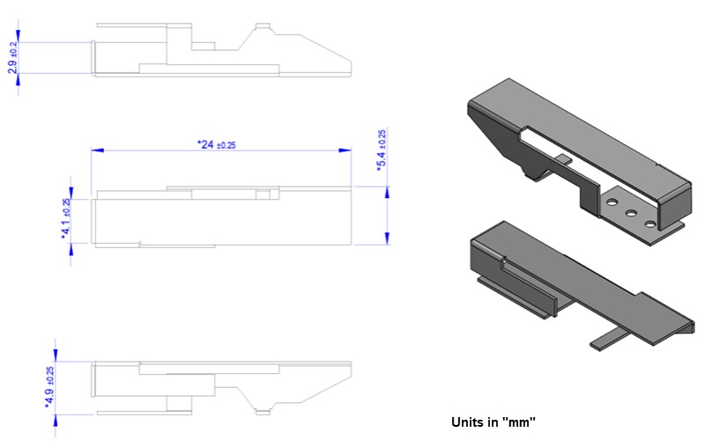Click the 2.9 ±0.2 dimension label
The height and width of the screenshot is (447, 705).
coord(12,56)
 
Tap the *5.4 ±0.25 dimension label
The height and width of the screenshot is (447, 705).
coord(381,150)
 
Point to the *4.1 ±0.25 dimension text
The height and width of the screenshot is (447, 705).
coord(66,218)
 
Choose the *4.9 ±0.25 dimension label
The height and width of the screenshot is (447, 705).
coord(49,387)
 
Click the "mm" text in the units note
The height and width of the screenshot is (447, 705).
coord(519,422)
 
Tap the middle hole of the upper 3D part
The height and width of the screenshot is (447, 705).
coord(632,213)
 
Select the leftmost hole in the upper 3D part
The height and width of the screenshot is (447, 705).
coord(611,203)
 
